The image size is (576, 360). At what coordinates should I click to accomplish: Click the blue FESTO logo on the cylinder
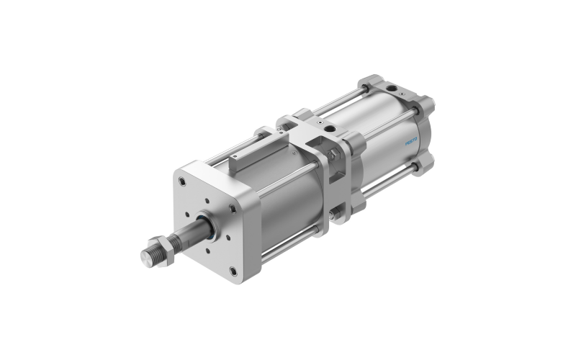[x=411, y=141]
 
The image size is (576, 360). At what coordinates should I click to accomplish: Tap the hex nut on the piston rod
[x=161, y=250]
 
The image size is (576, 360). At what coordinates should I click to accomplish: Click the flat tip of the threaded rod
[x=147, y=258]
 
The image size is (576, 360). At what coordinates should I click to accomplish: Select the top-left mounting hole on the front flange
[x=182, y=181]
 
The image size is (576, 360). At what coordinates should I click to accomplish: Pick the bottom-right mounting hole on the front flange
[x=233, y=271]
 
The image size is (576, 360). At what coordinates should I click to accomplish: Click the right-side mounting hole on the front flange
[x=232, y=209]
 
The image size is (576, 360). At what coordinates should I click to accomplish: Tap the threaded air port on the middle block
[x=331, y=129]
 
